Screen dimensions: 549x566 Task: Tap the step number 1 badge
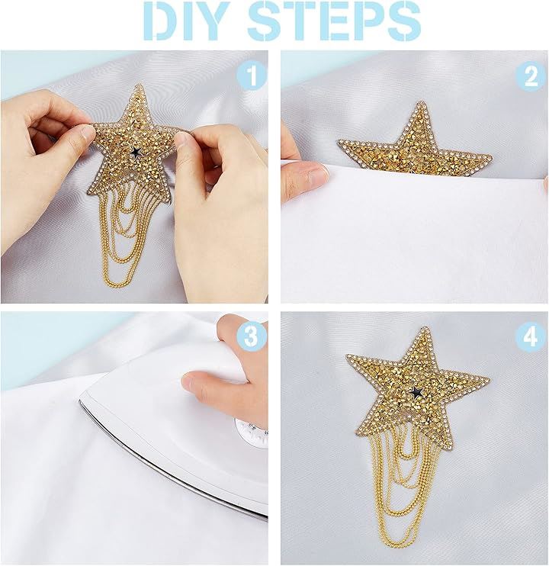tap(252, 76)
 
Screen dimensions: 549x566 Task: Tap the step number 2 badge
tap(531, 76)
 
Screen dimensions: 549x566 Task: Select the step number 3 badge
tap(252, 336)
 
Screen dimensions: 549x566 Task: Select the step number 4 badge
tap(531, 336)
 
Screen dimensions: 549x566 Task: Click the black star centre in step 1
tap(136, 152)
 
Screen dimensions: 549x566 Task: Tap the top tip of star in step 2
tap(420, 102)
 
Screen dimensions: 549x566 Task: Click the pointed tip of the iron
tap(80, 400)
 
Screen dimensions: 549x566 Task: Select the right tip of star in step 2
tap(491, 156)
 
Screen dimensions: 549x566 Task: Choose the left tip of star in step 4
tap(348, 356)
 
